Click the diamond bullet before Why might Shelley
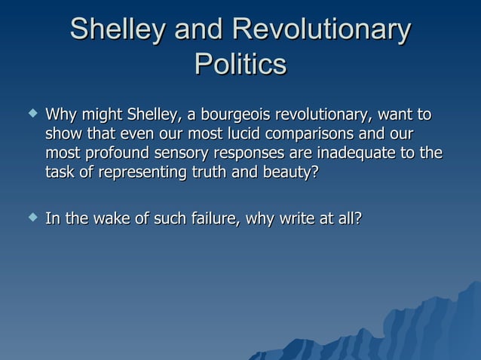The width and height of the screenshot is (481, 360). click(30, 114)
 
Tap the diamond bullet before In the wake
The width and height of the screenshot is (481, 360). click(30, 218)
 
